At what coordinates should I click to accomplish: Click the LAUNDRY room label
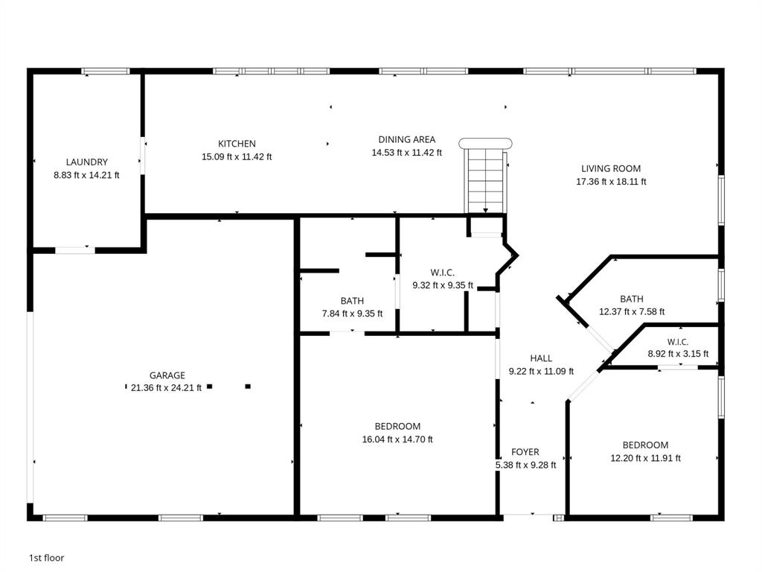pos(86,162)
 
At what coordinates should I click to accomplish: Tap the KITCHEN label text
pos(237,144)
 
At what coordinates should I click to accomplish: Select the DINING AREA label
pos(407,139)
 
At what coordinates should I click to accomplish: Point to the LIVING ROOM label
pos(611,169)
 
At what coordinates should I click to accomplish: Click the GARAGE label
pos(167,375)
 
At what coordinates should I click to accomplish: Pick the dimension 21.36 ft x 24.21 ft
pos(166,387)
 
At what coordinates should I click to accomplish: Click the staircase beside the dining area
pos(485,176)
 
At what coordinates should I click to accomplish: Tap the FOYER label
pos(525,452)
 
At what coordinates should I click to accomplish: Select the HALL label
pos(541,358)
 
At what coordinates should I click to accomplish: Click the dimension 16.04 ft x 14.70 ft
pos(397,439)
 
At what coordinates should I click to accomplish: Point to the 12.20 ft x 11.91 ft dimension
pos(645,458)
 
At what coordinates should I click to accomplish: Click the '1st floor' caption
pos(47,558)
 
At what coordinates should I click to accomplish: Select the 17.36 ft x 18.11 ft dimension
pos(612,182)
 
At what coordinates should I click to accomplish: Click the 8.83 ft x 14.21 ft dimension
pos(86,175)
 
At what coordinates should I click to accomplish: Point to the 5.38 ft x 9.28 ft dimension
pos(526,465)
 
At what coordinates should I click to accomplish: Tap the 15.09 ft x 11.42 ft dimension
pos(237,156)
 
